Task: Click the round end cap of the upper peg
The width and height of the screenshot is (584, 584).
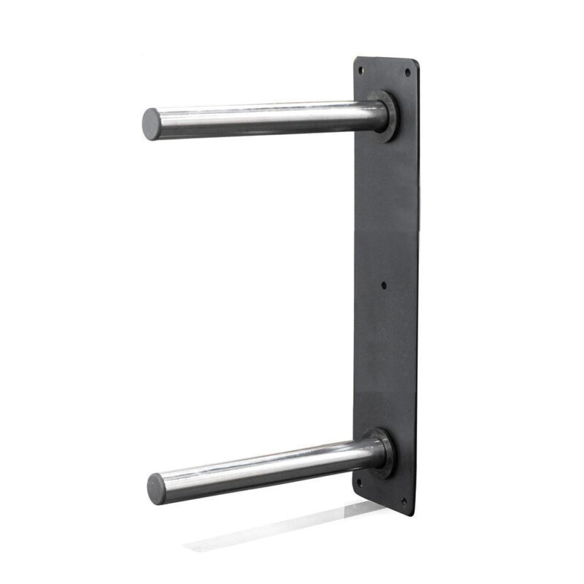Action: click(x=151, y=123)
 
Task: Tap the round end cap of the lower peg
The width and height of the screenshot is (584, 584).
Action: click(x=156, y=488)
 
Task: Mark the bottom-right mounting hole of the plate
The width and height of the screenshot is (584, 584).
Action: click(x=402, y=501)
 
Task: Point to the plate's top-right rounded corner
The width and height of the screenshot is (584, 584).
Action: click(x=416, y=64)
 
